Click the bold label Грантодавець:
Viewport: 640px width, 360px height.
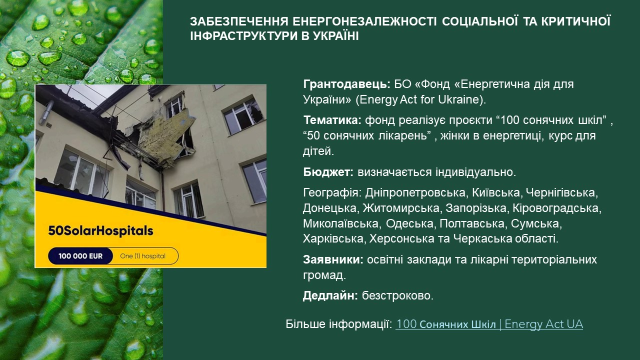(x=346, y=84)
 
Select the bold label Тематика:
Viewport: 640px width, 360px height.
(x=332, y=120)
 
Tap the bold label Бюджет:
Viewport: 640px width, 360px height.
(x=328, y=172)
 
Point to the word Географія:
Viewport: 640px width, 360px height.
(x=332, y=193)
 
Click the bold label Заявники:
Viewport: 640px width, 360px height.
(x=333, y=259)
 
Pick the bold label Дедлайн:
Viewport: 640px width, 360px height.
(x=330, y=295)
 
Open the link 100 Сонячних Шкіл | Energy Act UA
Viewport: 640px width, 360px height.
(x=489, y=324)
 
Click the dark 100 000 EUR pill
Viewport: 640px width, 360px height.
(x=80, y=256)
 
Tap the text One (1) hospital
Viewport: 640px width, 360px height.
(x=143, y=256)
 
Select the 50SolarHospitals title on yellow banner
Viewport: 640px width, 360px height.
(x=100, y=231)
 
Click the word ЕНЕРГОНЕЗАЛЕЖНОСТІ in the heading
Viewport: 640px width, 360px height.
(x=364, y=21)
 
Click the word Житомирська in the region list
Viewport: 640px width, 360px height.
(x=401, y=208)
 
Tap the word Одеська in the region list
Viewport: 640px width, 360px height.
(x=409, y=223)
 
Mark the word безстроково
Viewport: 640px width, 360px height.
(x=397, y=295)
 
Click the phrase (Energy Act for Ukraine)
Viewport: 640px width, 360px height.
(x=420, y=99)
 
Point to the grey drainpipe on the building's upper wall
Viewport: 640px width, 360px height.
(x=45, y=113)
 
